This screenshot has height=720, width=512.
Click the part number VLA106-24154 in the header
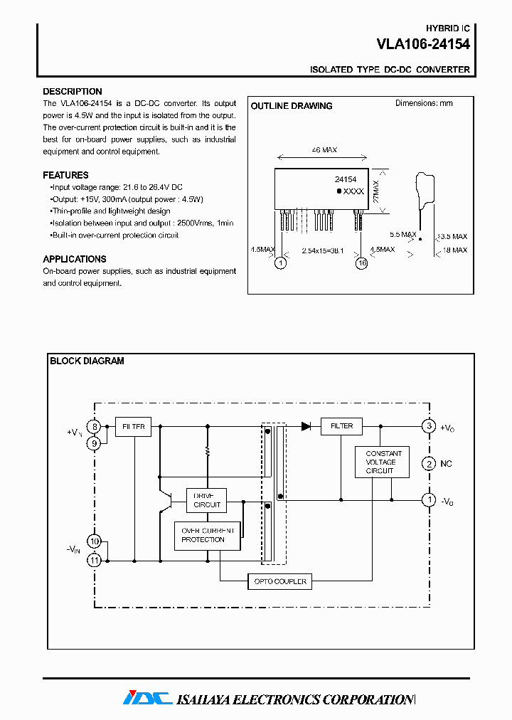[x=422, y=44]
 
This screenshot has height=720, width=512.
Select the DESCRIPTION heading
[x=72, y=92]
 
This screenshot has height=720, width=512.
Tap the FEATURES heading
[x=65, y=175]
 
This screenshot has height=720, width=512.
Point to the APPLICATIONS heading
[x=75, y=259]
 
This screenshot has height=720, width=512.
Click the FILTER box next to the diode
[x=341, y=426]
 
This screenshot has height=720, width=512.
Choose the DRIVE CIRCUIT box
[x=207, y=500]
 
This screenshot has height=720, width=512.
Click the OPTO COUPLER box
[x=279, y=581]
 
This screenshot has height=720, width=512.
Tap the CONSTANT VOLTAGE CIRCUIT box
[x=383, y=462]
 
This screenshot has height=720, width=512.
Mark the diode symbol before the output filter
[x=306, y=426]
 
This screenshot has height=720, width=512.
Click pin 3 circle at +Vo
[x=429, y=426]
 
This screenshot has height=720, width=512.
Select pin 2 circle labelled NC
[x=429, y=464]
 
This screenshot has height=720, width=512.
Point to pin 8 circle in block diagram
[x=95, y=427]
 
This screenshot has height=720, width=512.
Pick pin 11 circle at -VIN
[x=95, y=561]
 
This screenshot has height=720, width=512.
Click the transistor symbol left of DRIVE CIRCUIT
[x=169, y=500]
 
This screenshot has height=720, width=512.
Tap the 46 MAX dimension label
[x=324, y=150]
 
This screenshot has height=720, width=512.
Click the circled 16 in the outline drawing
[x=362, y=263]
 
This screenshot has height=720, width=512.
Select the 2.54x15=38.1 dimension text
[x=323, y=250]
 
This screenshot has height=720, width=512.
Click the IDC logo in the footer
[x=147, y=698]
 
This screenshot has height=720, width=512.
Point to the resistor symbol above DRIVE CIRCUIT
[x=208, y=451]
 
